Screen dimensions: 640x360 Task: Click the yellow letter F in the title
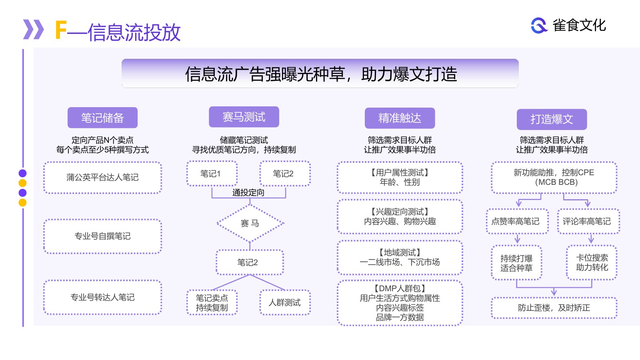coord(60,30)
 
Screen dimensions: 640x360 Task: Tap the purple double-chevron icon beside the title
coord(34,29)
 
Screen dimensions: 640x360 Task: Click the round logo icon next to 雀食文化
coord(539,26)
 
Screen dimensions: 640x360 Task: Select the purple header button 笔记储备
coord(102,118)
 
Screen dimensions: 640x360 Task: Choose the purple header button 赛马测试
coord(244,117)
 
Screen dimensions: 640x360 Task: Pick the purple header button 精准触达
coord(400,118)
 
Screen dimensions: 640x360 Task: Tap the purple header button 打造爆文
coord(552,119)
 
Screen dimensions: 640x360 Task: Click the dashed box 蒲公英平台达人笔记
coord(102,178)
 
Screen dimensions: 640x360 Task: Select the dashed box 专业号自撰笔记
coord(102,236)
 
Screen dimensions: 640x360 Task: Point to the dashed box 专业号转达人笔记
coord(102,298)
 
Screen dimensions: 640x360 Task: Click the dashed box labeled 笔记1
coord(212,174)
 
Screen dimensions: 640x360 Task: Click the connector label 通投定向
coord(248,192)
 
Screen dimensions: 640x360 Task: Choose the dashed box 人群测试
coord(285,302)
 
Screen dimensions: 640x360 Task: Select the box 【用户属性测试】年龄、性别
coord(400,178)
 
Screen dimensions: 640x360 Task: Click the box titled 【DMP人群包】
coord(400,302)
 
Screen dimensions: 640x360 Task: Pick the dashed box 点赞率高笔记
coord(517,221)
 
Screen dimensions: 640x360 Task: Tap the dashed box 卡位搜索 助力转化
coord(592,262)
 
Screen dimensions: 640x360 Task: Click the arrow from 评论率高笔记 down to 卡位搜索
coord(591,238)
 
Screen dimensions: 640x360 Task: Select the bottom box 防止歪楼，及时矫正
coord(554,308)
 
